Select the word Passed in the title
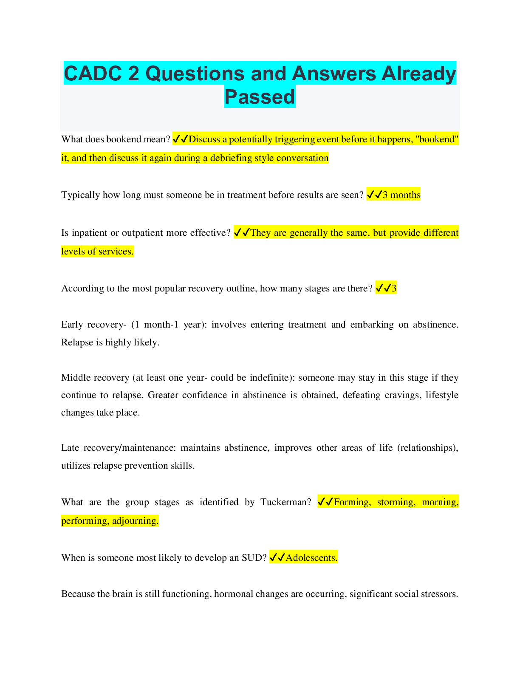pyautogui.click(x=260, y=97)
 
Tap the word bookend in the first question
pyautogui.click(x=124, y=139)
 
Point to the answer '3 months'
pyautogui.click(x=401, y=195)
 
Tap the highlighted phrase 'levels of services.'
pyautogui.click(x=97, y=252)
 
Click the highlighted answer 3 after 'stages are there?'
pyautogui.click(x=394, y=288)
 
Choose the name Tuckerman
pyautogui.click(x=285, y=502)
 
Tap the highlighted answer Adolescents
pyautogui.click(x=311, y=558)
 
